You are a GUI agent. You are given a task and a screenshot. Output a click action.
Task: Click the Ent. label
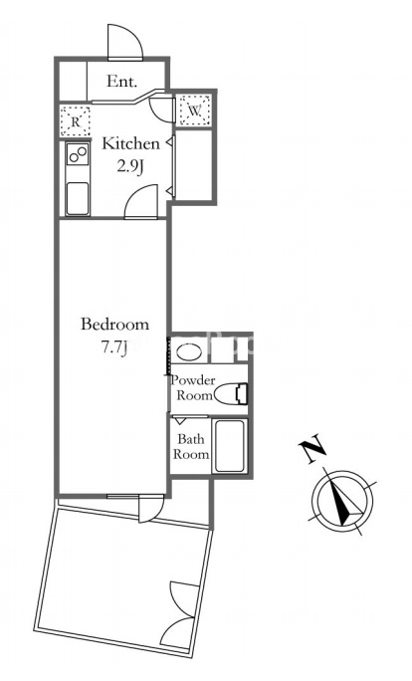tap(122, 82)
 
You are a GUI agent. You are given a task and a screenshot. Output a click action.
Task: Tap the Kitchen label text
tap(130, 143)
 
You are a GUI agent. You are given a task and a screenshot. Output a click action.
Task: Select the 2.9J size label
tap(129, 166)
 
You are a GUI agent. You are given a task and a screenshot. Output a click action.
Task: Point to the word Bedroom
tap(114, 325)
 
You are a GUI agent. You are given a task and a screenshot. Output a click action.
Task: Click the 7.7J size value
tap(113, 347)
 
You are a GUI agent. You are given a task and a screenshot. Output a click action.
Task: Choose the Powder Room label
tap(193, 388)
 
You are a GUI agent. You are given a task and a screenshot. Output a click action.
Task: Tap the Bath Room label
tap(191, 446)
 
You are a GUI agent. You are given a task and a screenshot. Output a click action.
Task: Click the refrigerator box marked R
tap(75, 121)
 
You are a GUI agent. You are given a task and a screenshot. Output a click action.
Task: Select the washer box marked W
tap(194, 110)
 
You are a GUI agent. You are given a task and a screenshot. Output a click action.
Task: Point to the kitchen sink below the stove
tap(78, 198)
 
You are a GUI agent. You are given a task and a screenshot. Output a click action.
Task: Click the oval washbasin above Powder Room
tap(190, 351)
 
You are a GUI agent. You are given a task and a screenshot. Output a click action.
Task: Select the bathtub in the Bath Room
tap(230, 446)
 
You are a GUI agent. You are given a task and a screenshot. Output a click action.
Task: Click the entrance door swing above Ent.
tap(125, 42)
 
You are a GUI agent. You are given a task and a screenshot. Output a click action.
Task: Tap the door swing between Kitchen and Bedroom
tap(141, 201)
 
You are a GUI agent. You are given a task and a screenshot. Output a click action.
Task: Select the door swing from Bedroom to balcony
tap(151, 509)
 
